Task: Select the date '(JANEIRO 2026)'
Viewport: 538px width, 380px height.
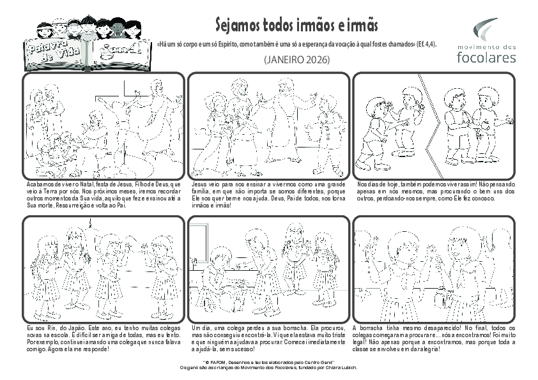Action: click(x=296, y=60)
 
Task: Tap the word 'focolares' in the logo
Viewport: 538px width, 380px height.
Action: click(x=487, y=57)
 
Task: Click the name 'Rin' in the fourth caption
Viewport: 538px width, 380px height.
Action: click(x=47, y=328)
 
